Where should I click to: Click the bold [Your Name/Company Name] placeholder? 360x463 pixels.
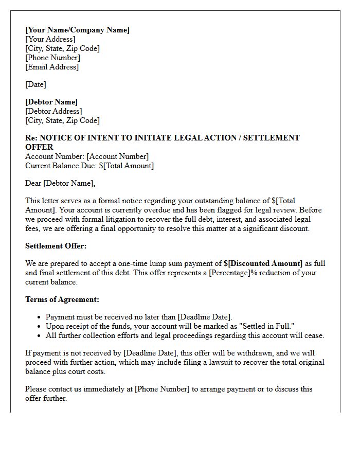point(77,30)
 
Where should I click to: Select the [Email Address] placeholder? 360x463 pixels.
point(52,67)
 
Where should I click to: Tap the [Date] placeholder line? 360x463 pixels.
point(35,84)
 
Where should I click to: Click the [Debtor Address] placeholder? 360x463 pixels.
point(53,111)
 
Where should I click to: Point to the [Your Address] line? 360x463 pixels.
point(50,39)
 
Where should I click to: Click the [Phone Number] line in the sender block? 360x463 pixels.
point(52,58)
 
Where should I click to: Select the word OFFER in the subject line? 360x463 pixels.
point(39,147)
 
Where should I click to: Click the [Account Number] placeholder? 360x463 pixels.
point(118,156)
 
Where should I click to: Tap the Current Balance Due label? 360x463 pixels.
point(61,166)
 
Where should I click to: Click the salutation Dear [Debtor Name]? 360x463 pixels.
point(60,183)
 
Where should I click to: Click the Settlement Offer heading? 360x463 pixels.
point(56,246)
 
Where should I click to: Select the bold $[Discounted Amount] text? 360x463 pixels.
point(263,264)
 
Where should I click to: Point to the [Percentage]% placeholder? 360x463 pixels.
point(232,273)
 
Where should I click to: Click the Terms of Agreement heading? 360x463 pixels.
point(62,299)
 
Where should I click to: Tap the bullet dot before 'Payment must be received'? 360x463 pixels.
point(40,317)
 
